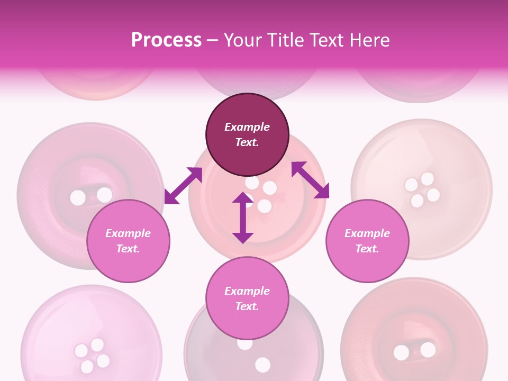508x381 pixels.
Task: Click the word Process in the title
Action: coord(166,40)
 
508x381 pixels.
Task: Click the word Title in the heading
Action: coord(286,40)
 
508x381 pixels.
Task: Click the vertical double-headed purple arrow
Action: coord(243,217)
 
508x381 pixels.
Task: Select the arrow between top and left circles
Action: coord(183,185)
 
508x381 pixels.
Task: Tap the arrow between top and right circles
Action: coord(310,180)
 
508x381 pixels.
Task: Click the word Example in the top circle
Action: coord(247,127)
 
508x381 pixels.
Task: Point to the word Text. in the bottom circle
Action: coord(247,306)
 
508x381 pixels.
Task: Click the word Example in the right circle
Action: coord(367,233)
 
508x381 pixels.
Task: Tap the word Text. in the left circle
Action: coord(128,249)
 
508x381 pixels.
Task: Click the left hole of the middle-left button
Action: coord(78,198)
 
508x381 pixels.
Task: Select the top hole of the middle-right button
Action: coord(428,178)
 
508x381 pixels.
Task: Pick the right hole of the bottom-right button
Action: coord(428,350)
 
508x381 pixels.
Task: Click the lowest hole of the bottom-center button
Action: coord(262,365)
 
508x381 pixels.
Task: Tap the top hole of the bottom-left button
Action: coord(97,345)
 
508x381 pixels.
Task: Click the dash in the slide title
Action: coord(213,40)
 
